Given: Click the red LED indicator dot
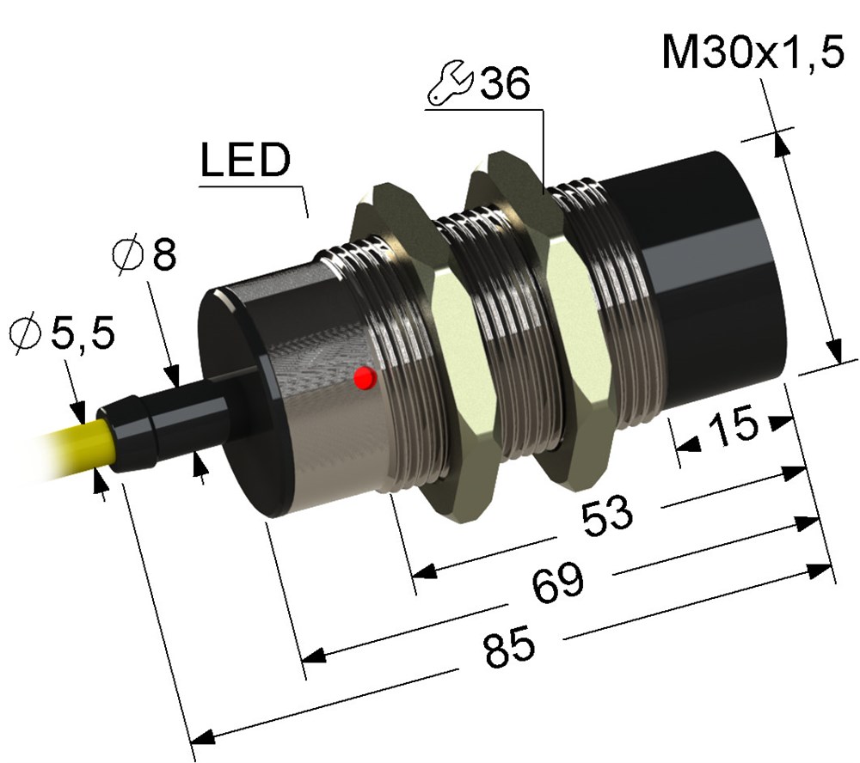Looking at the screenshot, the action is (365, 378).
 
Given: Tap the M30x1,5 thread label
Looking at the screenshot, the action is (752, 52).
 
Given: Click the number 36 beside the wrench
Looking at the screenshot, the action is (505, 82).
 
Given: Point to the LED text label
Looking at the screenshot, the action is (245, 160).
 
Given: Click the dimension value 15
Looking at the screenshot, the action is (734, 424).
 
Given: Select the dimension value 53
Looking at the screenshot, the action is (607, 516).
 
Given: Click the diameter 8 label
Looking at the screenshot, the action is (144, 254).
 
